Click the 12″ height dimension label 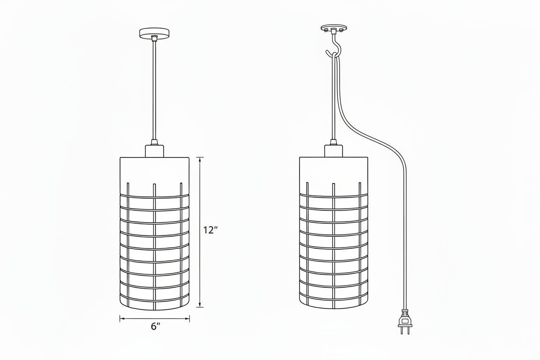click(210, 230)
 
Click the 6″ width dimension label click(155, 327)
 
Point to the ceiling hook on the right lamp click(334, 47)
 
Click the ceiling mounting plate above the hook click(334, 28)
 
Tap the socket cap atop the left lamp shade click(154, 151)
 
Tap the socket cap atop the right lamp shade click(334, 151)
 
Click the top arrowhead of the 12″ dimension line click(199, 160)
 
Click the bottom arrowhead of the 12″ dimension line click(199, 305)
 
